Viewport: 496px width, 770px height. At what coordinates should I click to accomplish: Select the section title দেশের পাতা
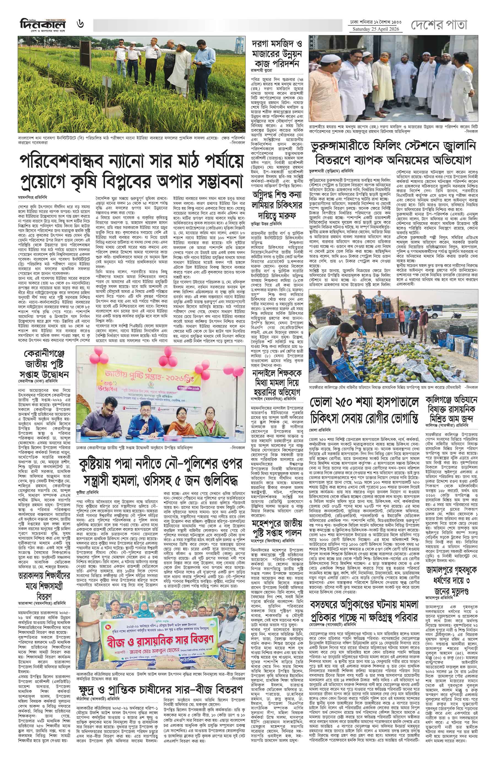pos(439,25)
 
